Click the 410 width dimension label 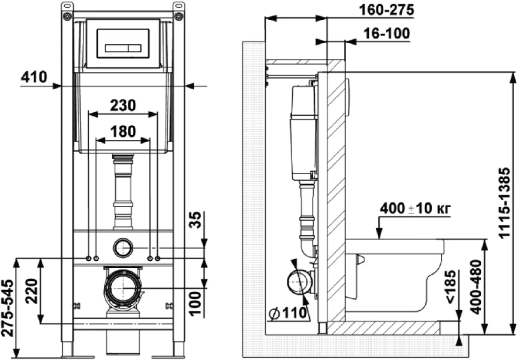click(34, 77)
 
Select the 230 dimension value click(123, 105)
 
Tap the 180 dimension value click(123, 131)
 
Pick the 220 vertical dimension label click(32, 291)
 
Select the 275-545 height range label click(8, 308)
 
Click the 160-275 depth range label click(386, 10)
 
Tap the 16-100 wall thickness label click(387, 34)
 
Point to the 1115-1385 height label click(504, 203)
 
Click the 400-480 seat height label click(476, 287)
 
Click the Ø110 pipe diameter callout click(288, 312)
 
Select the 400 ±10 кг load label click(415, 208)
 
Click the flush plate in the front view click(124, 44)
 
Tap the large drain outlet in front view click(124, 287)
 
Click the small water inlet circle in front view click(124, 248)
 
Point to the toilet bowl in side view click(394, 275)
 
